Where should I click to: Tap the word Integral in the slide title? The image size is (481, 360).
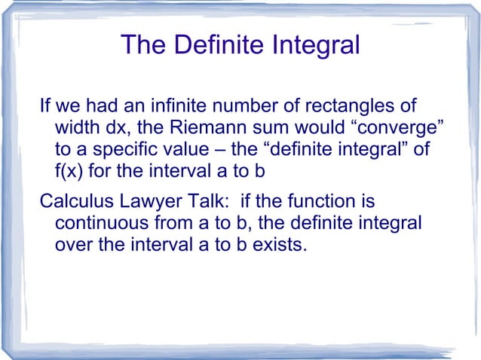click(314, 46)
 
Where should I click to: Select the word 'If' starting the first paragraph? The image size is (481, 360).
click(44, 108)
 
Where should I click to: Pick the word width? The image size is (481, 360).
click(76, 129)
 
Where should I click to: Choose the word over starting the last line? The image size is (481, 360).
click(72, 245)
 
